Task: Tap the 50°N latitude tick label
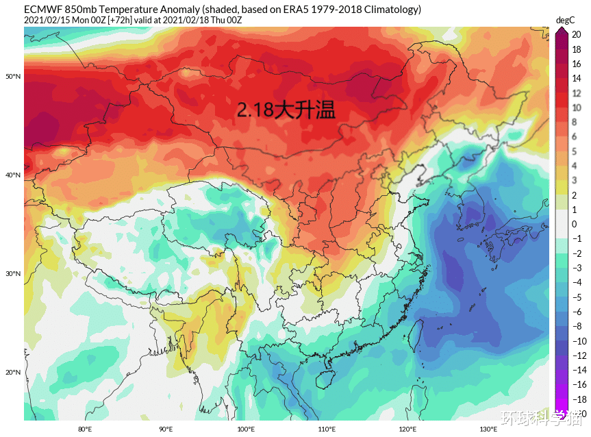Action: (x=13, y=76)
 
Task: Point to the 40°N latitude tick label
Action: (x=13, y=175)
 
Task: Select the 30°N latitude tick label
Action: (x=13, y=274)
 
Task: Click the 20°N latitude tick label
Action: (x=13, y=373)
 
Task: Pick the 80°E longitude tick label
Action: (x=85, y=429)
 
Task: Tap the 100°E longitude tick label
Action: (x=246, y=429)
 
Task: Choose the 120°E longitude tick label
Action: (x=407, y=429)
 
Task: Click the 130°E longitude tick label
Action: (x=488, y=429)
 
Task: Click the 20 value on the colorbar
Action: (x=577, y=34)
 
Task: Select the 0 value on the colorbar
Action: (x=575, y=224)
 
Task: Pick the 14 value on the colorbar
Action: (x=577, y=78)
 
